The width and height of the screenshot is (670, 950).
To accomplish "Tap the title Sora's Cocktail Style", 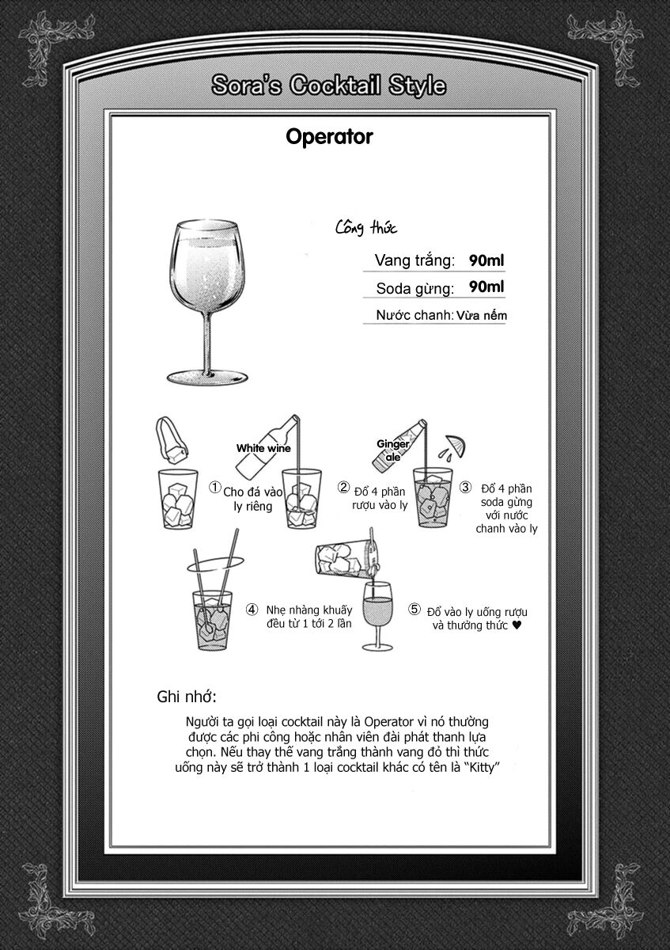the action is coord(329,85).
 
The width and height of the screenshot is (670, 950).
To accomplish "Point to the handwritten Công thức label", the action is coord(366,228).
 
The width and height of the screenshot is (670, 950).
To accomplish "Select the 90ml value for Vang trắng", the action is coord(486,260).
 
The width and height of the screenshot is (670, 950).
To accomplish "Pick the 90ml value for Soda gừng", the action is coord(486,287).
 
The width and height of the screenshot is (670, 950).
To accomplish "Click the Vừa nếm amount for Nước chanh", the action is coord(482,315).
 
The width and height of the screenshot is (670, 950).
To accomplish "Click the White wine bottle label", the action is coord(263,448).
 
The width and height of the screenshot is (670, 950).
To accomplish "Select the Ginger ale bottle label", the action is coord(393,450).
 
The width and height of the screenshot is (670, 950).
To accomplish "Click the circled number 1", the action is coord(215,488).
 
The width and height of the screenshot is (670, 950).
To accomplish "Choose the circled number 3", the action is coord(466,487).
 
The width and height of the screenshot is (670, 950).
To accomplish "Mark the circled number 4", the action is coord(252,610).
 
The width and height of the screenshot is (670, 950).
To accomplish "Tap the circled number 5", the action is coord(414,610).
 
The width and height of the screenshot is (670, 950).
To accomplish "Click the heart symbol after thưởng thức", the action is coord(517,625).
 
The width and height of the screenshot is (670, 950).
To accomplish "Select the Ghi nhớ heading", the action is coord(187,697).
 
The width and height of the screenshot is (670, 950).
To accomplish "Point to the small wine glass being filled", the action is coord(377,615).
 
